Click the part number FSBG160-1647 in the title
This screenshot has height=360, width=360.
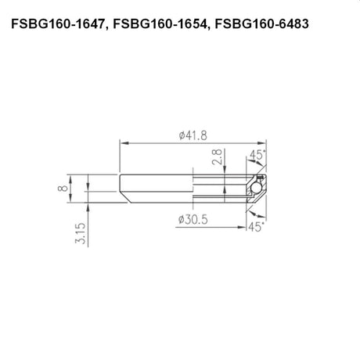[57, 24]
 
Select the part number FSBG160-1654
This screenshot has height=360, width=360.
[159, 24]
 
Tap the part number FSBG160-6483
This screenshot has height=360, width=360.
[261, 24]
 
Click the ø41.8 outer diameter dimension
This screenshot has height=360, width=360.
[193, 135]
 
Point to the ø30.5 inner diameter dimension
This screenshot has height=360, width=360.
[193, 220]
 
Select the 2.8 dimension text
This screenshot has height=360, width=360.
[218, 157]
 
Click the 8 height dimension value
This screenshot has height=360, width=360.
[63, 188]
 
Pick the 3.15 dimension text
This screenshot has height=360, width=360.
[81, 233]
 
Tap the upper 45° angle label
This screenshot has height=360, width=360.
[257, 155]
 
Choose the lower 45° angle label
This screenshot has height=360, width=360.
[256, 227]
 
